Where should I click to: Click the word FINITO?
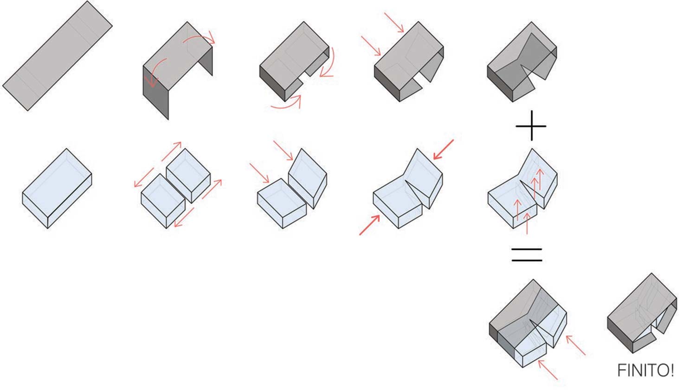pyautogui.click(x=645, y=370)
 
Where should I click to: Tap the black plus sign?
pyautogui.click(x=531, y=126)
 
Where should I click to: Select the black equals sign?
pyautogui.click(x=527, y=255)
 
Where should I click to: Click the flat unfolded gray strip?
pyautogui.click(x=58, y=56)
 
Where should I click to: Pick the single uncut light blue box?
pyautogui.click(x=57, y=188)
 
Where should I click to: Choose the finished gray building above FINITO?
pyautogui.click(x=642, y=313)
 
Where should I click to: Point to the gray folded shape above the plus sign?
pyautogui.click(x=522, y=62)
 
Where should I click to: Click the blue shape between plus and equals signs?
pyautogui.click(x=522, y=188)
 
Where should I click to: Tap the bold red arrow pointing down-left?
pyautogui.click(x=444, y=149)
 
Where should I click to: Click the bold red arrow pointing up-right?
pyautogui.click(x=369, y=225)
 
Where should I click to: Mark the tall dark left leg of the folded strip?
pyautogui.click(x=155, y=92)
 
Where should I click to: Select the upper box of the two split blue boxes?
pyautogui.click(x=188, y=175)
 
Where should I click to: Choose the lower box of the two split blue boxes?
pyautogui.click(x=163, y=201)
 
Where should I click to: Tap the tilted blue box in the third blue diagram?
pyautogui.click(x=308, y=178)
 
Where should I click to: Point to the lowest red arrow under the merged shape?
pyautogui.click(x=548, y=370)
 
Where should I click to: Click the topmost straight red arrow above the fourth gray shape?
pyautogui.click(x=394, y=22)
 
